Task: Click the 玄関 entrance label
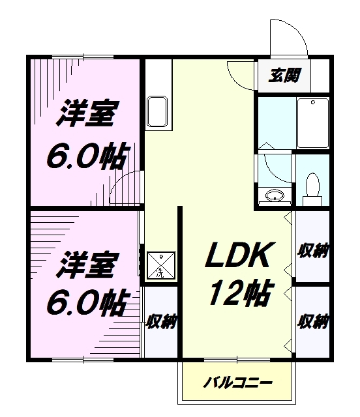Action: tap(284, 76)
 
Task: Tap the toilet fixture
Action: tap(312, 189)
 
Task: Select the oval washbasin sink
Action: tap(275, 195)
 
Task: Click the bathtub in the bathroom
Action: tap(313, 123)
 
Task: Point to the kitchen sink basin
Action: tap(157, 111)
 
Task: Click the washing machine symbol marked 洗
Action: tap(161, 265)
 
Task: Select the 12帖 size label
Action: tap(241, 293)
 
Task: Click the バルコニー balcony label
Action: tap(238, 383)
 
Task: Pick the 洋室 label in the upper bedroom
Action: tap(85, 113)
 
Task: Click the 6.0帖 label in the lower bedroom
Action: tap(85, 303)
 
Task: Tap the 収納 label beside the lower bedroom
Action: tap(161, 321)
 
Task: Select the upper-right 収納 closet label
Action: tap(313, 250)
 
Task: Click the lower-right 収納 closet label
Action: tap(313, 321)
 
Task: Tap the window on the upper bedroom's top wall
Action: tap(83, 57)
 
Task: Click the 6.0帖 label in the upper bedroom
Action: tap(85, 156)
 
